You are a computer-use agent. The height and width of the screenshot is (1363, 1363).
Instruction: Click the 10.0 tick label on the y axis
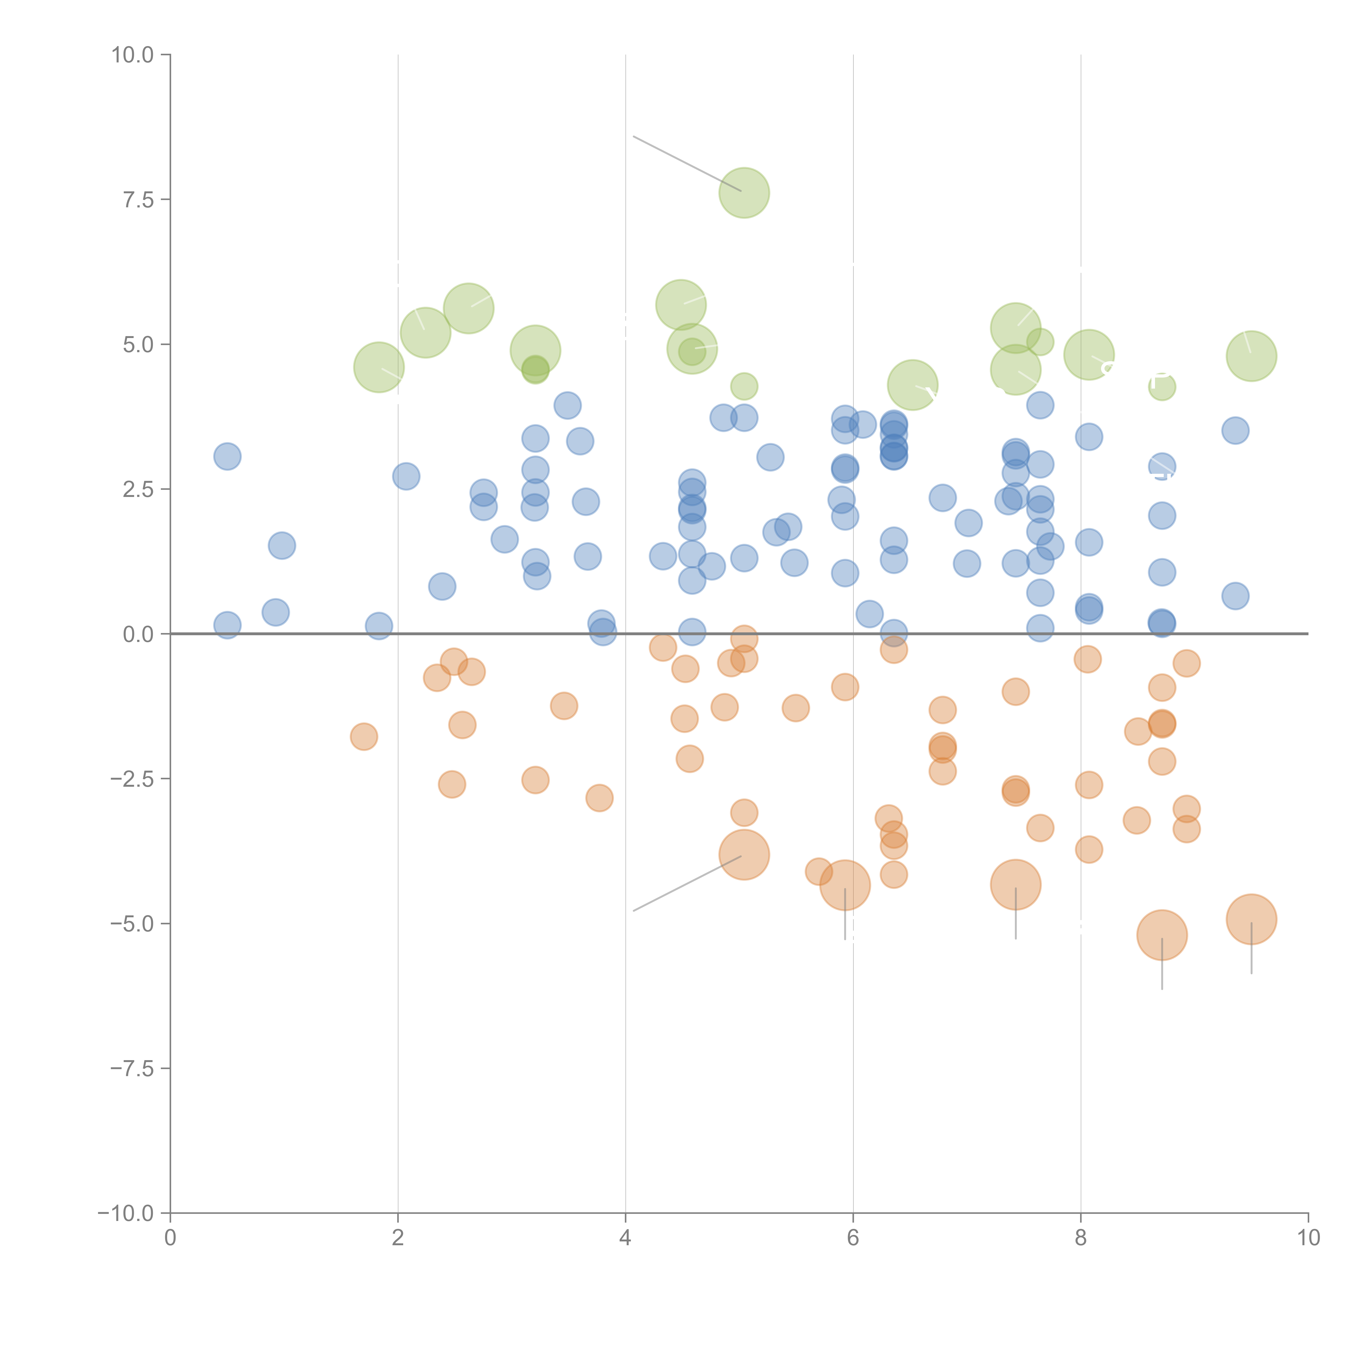coord(133,55)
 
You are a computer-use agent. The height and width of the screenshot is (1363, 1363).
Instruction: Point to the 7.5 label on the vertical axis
coord(138,200)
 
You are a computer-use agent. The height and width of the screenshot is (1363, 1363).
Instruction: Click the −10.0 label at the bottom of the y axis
coord(126,1213)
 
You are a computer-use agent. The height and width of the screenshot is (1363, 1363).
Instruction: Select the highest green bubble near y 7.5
coord(744,193)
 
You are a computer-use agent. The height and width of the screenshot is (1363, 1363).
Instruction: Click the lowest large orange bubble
coord(1161,935)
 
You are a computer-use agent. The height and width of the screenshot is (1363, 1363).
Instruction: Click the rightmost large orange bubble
coord(1251,919)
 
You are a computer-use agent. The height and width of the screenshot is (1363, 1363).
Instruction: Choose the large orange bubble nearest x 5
coord(744,854)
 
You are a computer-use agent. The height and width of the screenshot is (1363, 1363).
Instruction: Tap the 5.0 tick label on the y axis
coord(138,345)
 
